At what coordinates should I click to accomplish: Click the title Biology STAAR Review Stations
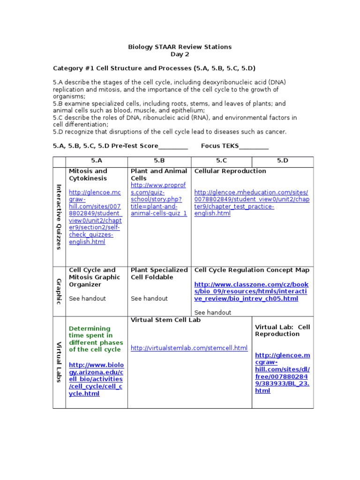[x=180, y=47]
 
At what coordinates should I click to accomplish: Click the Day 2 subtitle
[x=180, y=54]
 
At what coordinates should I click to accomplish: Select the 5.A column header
[x=97, y=161]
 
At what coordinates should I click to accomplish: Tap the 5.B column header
[x=159, y=161]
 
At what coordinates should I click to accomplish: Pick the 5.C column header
[x=222, y=161]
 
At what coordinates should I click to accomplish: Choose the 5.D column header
[x=283, y=161]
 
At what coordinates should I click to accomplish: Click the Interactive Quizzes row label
[x=59, y=217]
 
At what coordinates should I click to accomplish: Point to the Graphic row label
[x=59, y=291]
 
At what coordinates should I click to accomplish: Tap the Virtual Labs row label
[x=59, y=361]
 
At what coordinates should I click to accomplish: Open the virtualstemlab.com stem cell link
[x=189, y=348]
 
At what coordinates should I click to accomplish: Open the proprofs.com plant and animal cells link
[x=159, y=199]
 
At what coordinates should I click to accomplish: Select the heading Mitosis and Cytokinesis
[x=88, y=174]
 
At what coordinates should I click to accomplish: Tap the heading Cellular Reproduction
[x=230, y=171]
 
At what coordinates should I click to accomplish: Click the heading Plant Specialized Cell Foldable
[x=159, y=273]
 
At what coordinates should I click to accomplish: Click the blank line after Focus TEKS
[x=254, y=147]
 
